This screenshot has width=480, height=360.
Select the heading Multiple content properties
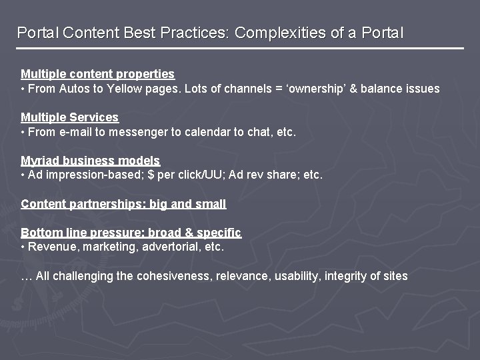[x=97, y=74]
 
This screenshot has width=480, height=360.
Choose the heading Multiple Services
[x=69, y=117]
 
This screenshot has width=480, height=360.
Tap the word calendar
[x=201, y=132]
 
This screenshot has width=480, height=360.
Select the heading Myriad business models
[x=90, y=161]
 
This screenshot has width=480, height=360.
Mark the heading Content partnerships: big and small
[x=123, y=204]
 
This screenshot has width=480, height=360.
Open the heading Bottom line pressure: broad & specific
[x=131, y=233]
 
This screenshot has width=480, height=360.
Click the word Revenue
[x=51, y=247]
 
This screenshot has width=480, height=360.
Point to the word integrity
[x=345, y=276]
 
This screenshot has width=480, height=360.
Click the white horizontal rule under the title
[x=240, y=48]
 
